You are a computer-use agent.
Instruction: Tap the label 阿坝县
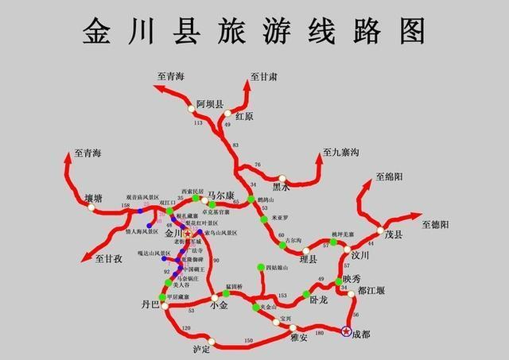click(x=211, y=103)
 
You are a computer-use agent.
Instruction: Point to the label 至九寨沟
click(x=342, y=152)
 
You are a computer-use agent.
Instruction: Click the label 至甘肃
click(x=264, y=76)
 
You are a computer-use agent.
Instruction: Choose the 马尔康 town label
click(x=220, y=195)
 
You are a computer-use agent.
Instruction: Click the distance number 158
click(x=125, y=206)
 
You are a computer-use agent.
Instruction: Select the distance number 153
click(x=282, y=295)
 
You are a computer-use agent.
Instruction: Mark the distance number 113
click(x=198, y=123)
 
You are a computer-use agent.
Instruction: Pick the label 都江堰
click(x=371, y=291)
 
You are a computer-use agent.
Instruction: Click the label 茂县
click(x=394, y=235)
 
